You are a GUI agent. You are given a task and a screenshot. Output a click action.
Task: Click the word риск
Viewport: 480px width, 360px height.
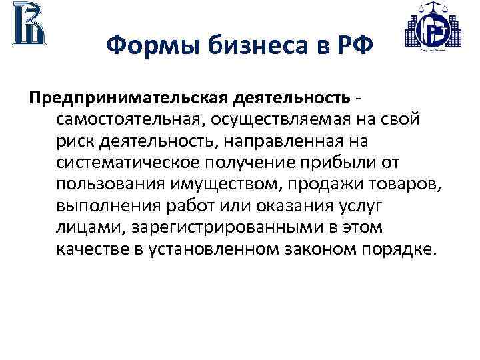[x=77, y=143]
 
